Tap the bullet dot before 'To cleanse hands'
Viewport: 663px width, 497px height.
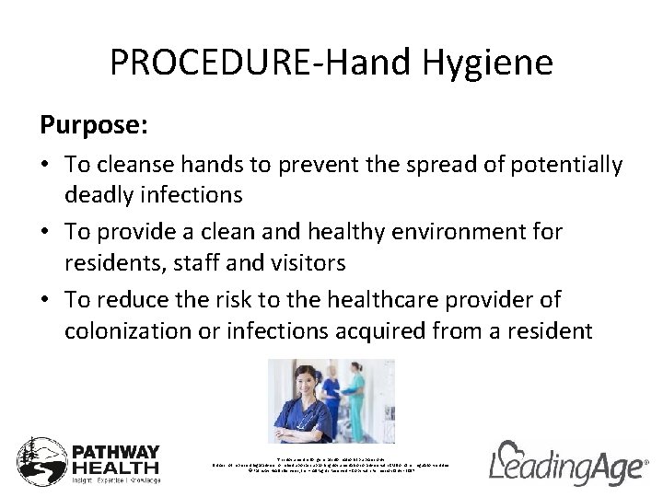(x=45, y=167)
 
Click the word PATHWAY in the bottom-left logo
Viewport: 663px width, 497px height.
(x=117, y=453)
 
